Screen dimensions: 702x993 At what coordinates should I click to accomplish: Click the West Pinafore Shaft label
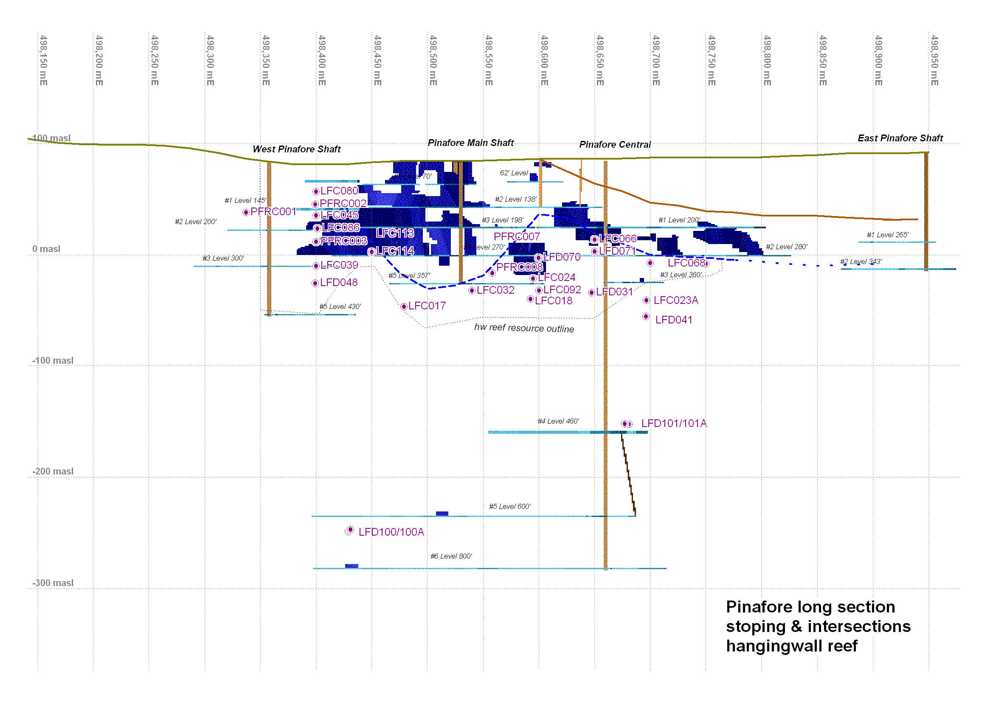point(296,149)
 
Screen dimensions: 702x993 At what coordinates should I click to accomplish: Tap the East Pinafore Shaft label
point(900,138)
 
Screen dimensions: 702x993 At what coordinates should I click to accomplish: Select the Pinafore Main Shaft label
point(470,143)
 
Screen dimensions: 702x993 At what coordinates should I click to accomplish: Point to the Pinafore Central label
point(615,145)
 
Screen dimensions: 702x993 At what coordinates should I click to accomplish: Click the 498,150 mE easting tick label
point(43,61)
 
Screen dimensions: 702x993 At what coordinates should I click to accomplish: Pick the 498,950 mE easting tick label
point(934,61)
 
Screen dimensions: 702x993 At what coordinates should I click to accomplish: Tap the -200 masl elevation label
point(53,472)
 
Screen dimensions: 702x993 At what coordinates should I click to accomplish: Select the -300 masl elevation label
point(53,583)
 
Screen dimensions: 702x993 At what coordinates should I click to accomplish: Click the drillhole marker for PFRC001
point(246,212)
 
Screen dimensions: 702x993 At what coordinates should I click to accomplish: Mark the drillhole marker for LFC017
point(404,306)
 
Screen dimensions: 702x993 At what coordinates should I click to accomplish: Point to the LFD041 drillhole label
point(673,320)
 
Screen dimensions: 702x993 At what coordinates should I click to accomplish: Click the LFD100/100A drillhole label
point(391,532)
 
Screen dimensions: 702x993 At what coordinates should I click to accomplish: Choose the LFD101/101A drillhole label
point(673,424)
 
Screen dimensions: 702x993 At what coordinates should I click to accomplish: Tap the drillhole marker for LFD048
point(315,283)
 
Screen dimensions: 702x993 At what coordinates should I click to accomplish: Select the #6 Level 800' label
point(451,556)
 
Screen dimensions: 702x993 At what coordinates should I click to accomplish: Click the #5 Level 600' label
point(509,507)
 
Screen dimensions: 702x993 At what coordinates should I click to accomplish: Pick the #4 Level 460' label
point(558,421)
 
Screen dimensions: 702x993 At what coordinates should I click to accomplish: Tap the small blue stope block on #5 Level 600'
point(442,514)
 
